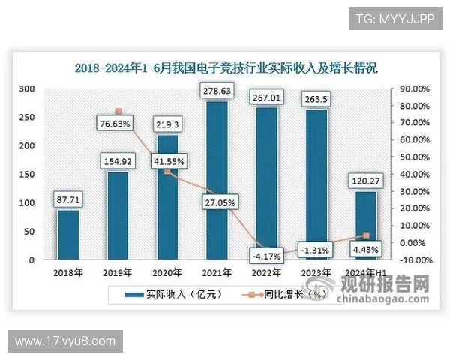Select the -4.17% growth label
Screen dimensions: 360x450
pyautogui.click(x=268, y=255)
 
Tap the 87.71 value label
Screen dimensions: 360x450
pyautogui.click(x=68, y=200)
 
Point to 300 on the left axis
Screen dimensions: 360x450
pyautogui.click(x=27, y=89)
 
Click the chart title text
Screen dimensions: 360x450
pyautogui.click(x=226, y=67)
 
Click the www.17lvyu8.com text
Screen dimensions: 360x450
pyautogui.click(x=65, y=341)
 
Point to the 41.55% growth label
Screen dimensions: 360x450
pyautogui.click(x=168, y=160)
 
